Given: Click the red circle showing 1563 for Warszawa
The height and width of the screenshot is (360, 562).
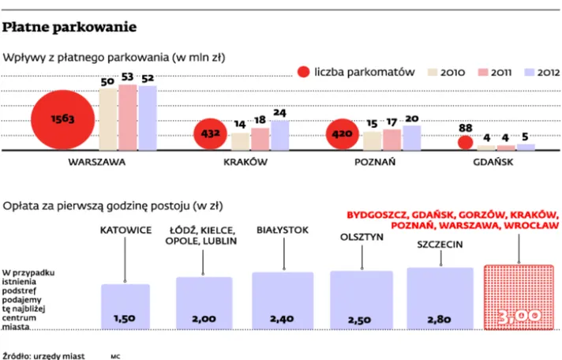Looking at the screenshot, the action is tap(62, 120).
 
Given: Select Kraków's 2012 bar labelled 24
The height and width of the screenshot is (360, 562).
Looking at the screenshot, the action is tap(280, 136).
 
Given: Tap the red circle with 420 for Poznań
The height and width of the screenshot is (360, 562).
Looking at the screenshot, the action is tap(343, 134).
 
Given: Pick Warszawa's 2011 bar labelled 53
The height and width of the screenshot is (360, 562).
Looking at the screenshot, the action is tap(128, 118).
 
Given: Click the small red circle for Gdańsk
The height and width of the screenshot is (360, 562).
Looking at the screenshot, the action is tap(465, 143).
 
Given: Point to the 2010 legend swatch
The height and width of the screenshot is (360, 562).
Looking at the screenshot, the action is tap(433, 72).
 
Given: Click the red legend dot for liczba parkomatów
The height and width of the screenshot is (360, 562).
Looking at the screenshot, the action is tap(304, 72).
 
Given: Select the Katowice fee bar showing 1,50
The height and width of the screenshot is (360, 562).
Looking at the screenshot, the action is tap(126, 306).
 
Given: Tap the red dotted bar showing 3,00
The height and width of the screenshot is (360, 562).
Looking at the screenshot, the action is tap(519, 298).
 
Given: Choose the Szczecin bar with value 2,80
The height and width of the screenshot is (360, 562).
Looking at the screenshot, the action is tap(440, 298).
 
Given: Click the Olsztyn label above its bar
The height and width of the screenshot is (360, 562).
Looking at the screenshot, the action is tap(362, 237).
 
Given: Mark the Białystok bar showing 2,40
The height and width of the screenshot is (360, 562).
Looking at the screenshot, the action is tap(283, 301).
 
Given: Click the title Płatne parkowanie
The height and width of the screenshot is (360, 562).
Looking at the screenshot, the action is tap(69, 28).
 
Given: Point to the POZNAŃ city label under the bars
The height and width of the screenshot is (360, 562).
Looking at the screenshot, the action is tap(375, 162).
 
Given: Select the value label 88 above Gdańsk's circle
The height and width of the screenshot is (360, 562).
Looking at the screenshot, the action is tap(465, 128).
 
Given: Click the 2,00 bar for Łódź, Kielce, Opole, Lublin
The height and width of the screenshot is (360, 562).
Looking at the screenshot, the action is tap(204, 303).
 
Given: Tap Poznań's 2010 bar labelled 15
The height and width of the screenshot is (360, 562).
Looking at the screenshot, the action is tap(372, 141).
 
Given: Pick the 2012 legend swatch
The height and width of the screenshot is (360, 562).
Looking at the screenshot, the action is tap(530, 72).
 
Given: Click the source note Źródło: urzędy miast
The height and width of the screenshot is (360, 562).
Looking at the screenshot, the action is tap(43, 356).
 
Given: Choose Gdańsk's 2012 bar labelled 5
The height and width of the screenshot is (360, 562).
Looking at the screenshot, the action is tap(526, 147).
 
